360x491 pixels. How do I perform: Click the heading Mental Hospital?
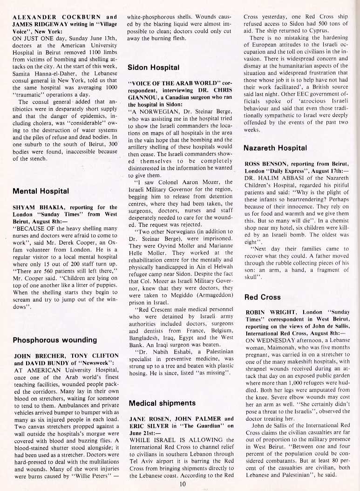pyautogui.click(x=41, y=191)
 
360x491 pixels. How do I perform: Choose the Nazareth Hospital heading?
pyautogui.click(x=276, y=148)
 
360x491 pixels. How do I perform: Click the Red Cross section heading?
pyautogui.click(x=262, y=297)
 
